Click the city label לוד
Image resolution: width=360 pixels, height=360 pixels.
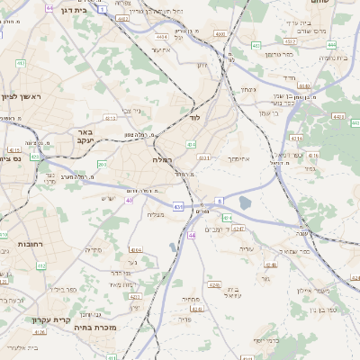[x=194, y=117]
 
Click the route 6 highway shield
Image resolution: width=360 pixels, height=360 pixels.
[x=219, y=202]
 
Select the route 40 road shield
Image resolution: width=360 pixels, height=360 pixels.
[x=130, y=200]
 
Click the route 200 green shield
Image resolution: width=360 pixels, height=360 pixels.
[x=102, y=164]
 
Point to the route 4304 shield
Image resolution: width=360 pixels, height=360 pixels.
[x=136, y=249]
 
